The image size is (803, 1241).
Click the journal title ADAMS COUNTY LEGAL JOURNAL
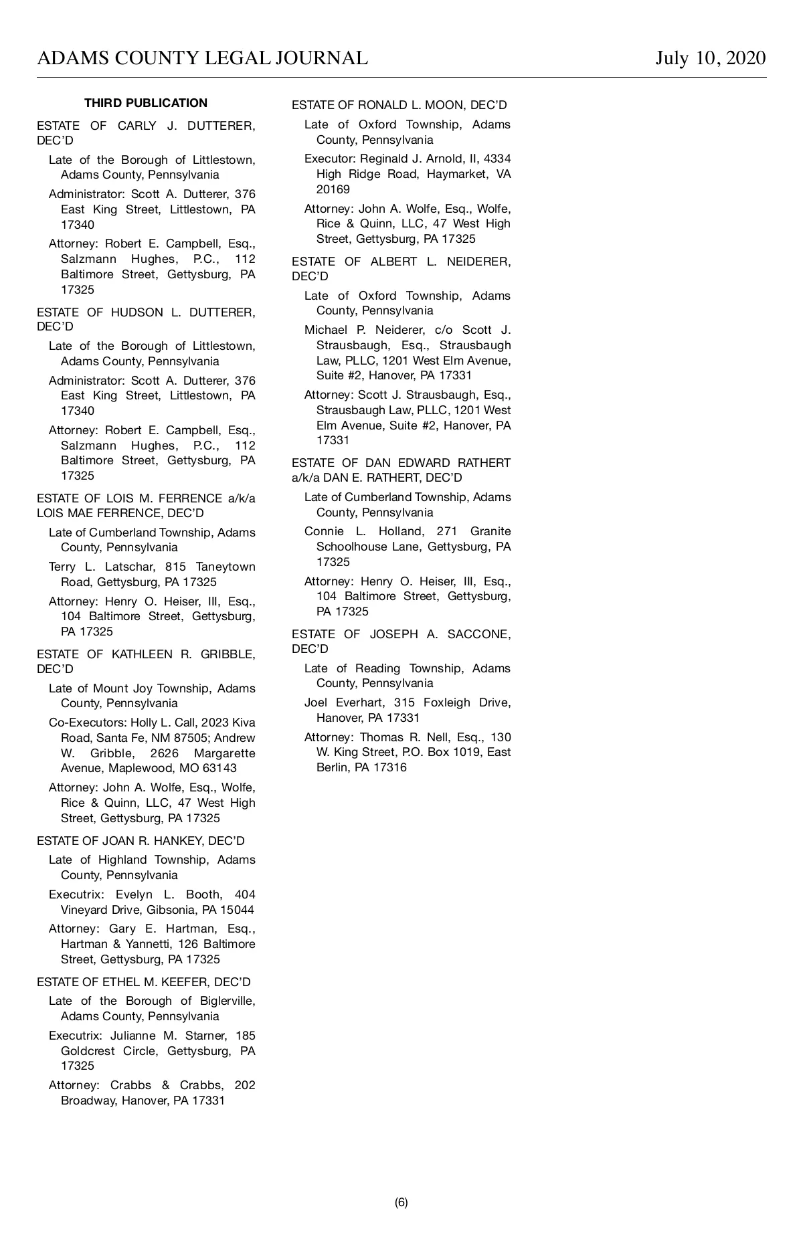pos(202,58)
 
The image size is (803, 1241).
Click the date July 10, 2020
pos(710,58)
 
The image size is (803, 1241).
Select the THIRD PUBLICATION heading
pos(146,103)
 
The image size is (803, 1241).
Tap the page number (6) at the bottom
pos(401,1202)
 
